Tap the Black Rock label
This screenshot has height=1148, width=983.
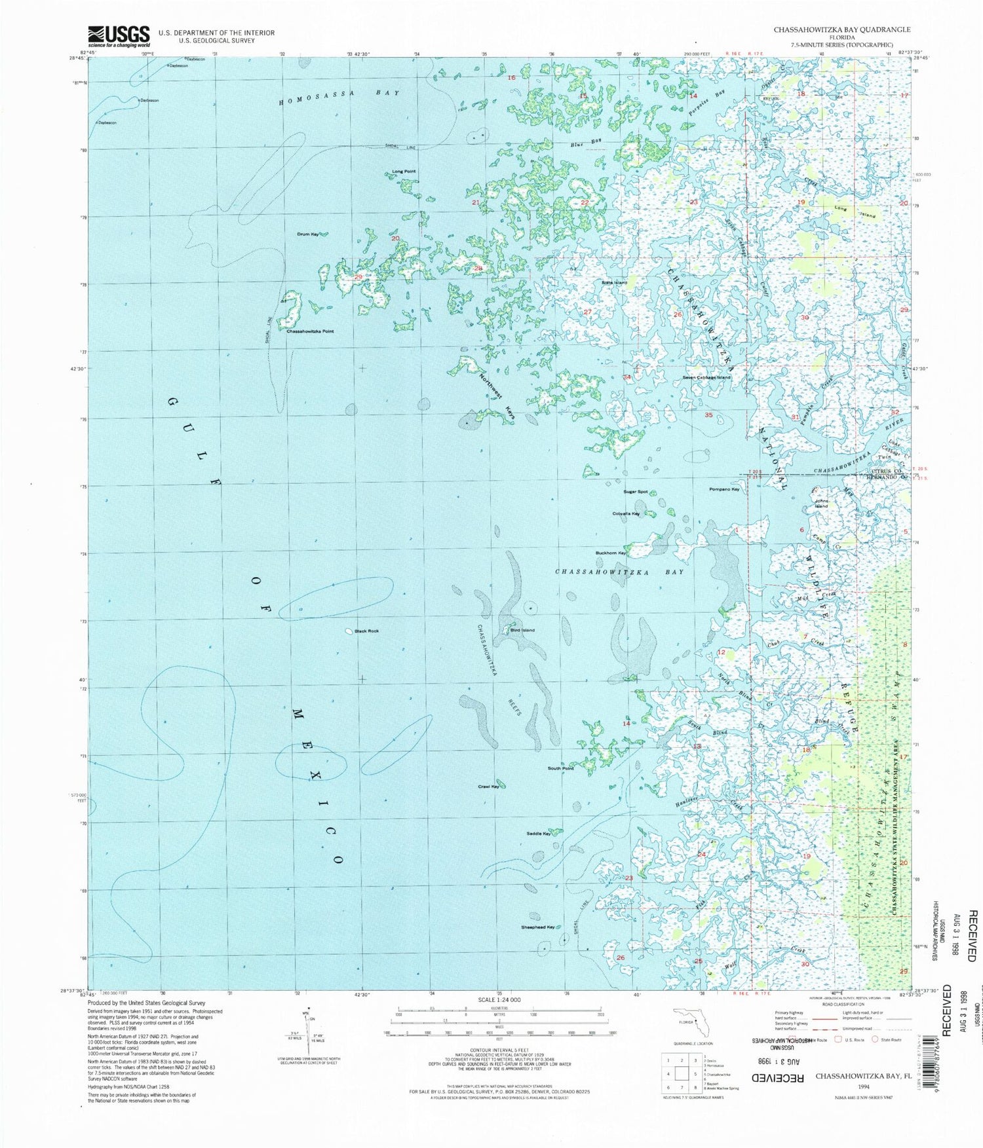coord(366,631)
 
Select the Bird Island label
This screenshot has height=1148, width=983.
coord(522,630)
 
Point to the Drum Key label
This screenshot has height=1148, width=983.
coord(307,234)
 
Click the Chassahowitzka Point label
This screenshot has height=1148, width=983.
coord(310,331)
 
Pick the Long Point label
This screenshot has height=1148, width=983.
coord(404,172)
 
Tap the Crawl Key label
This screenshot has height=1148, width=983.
coord(489,786)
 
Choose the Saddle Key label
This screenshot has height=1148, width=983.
coord(539,834)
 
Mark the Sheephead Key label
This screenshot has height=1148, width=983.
coord(538,927)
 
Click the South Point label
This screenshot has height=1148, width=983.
coord(560,768)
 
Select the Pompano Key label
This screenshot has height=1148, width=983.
coord(724,489)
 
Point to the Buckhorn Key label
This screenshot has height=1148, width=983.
coord(611,553)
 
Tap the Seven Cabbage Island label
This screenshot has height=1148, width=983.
coord(706,377)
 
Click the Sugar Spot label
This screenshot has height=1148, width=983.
coord(636,491)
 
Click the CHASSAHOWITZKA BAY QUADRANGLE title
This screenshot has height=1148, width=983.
coord(841,29)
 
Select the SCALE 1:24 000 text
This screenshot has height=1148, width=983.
coord(499,1000)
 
